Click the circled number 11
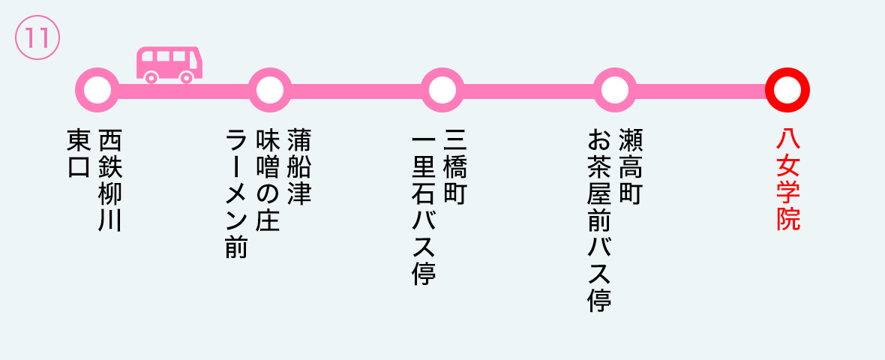[x=37, y=37]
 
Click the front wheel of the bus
[x=186, y=77]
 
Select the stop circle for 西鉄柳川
[x=97, y=90]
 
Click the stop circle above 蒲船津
[x=270, y=90]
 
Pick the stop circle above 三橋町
[x=442, y=90]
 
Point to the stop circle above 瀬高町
[x=615, y=90]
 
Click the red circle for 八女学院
[x=787, y=90]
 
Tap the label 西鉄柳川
[x=111, y=180]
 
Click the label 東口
[x=79, y=154]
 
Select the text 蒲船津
[x=299, y=167]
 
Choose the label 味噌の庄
[x=268, y=180]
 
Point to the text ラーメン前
[x=237, y=193]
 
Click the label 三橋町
[x=455, y=167]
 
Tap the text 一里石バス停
[x=424, y=207]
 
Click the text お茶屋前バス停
[x=599, y=220]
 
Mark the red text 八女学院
[x=788, y=180]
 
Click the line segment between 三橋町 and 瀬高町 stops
[x=529, y=90]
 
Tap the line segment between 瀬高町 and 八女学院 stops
[x=701, y=90]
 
